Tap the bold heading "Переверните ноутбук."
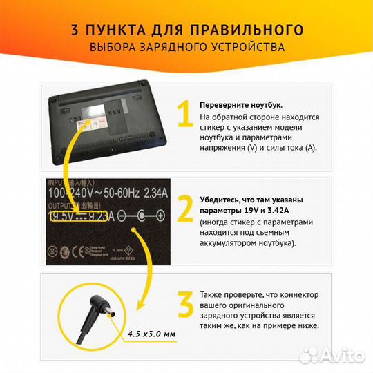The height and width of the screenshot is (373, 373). pyautogui.click(x=240, y=104)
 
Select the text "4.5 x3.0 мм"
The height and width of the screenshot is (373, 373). pyautogui.click(x=151, y=334)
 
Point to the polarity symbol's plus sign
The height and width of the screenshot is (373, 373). pyautogui.click(x=163, y=216)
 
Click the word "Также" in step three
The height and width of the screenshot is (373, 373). pyautogui.click(x=212, y=294)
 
